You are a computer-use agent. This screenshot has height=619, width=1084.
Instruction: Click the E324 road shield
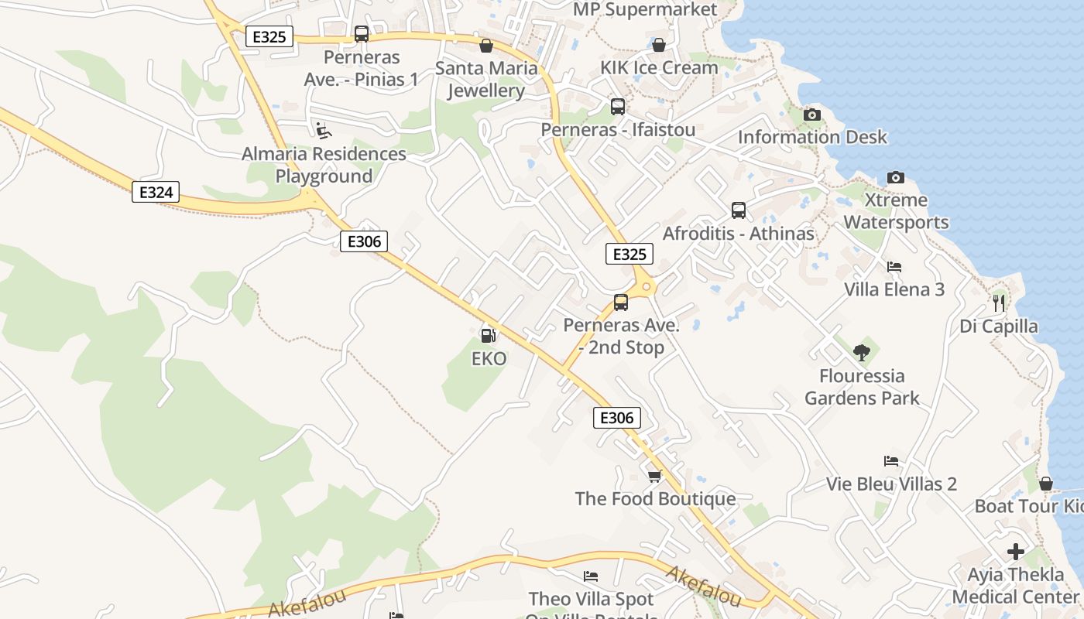156,192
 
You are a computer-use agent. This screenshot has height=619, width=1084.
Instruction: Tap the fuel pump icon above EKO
489,336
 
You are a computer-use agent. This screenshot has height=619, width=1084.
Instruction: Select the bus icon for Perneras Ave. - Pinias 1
362,34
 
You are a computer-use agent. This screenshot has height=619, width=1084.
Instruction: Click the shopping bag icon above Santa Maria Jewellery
486,46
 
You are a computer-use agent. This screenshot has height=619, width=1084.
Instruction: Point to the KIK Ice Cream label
659,68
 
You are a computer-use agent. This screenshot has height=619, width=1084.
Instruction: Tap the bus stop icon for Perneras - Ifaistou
617,107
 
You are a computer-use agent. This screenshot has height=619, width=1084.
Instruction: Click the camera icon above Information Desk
811,115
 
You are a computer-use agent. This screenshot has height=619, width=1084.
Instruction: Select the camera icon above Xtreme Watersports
895,178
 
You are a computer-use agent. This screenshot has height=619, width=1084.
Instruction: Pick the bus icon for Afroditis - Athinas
738,210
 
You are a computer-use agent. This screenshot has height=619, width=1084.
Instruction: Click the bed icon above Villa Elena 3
894,267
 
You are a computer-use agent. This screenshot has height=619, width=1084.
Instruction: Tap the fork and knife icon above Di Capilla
999,303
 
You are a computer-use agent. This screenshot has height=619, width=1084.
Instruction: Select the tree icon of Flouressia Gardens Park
861,354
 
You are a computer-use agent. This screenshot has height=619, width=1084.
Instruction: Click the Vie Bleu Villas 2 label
891,484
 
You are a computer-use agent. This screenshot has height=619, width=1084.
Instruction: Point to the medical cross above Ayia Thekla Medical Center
1015,552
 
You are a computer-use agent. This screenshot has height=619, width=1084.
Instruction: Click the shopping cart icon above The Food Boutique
654,476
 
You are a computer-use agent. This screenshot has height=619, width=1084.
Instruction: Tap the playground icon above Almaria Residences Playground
323,131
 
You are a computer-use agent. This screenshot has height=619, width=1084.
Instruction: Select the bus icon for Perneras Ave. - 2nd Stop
620,303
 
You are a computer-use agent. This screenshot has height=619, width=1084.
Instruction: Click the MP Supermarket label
645,10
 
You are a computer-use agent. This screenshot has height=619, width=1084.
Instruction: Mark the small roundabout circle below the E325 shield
647,286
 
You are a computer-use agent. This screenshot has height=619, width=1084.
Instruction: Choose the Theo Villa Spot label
591,599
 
